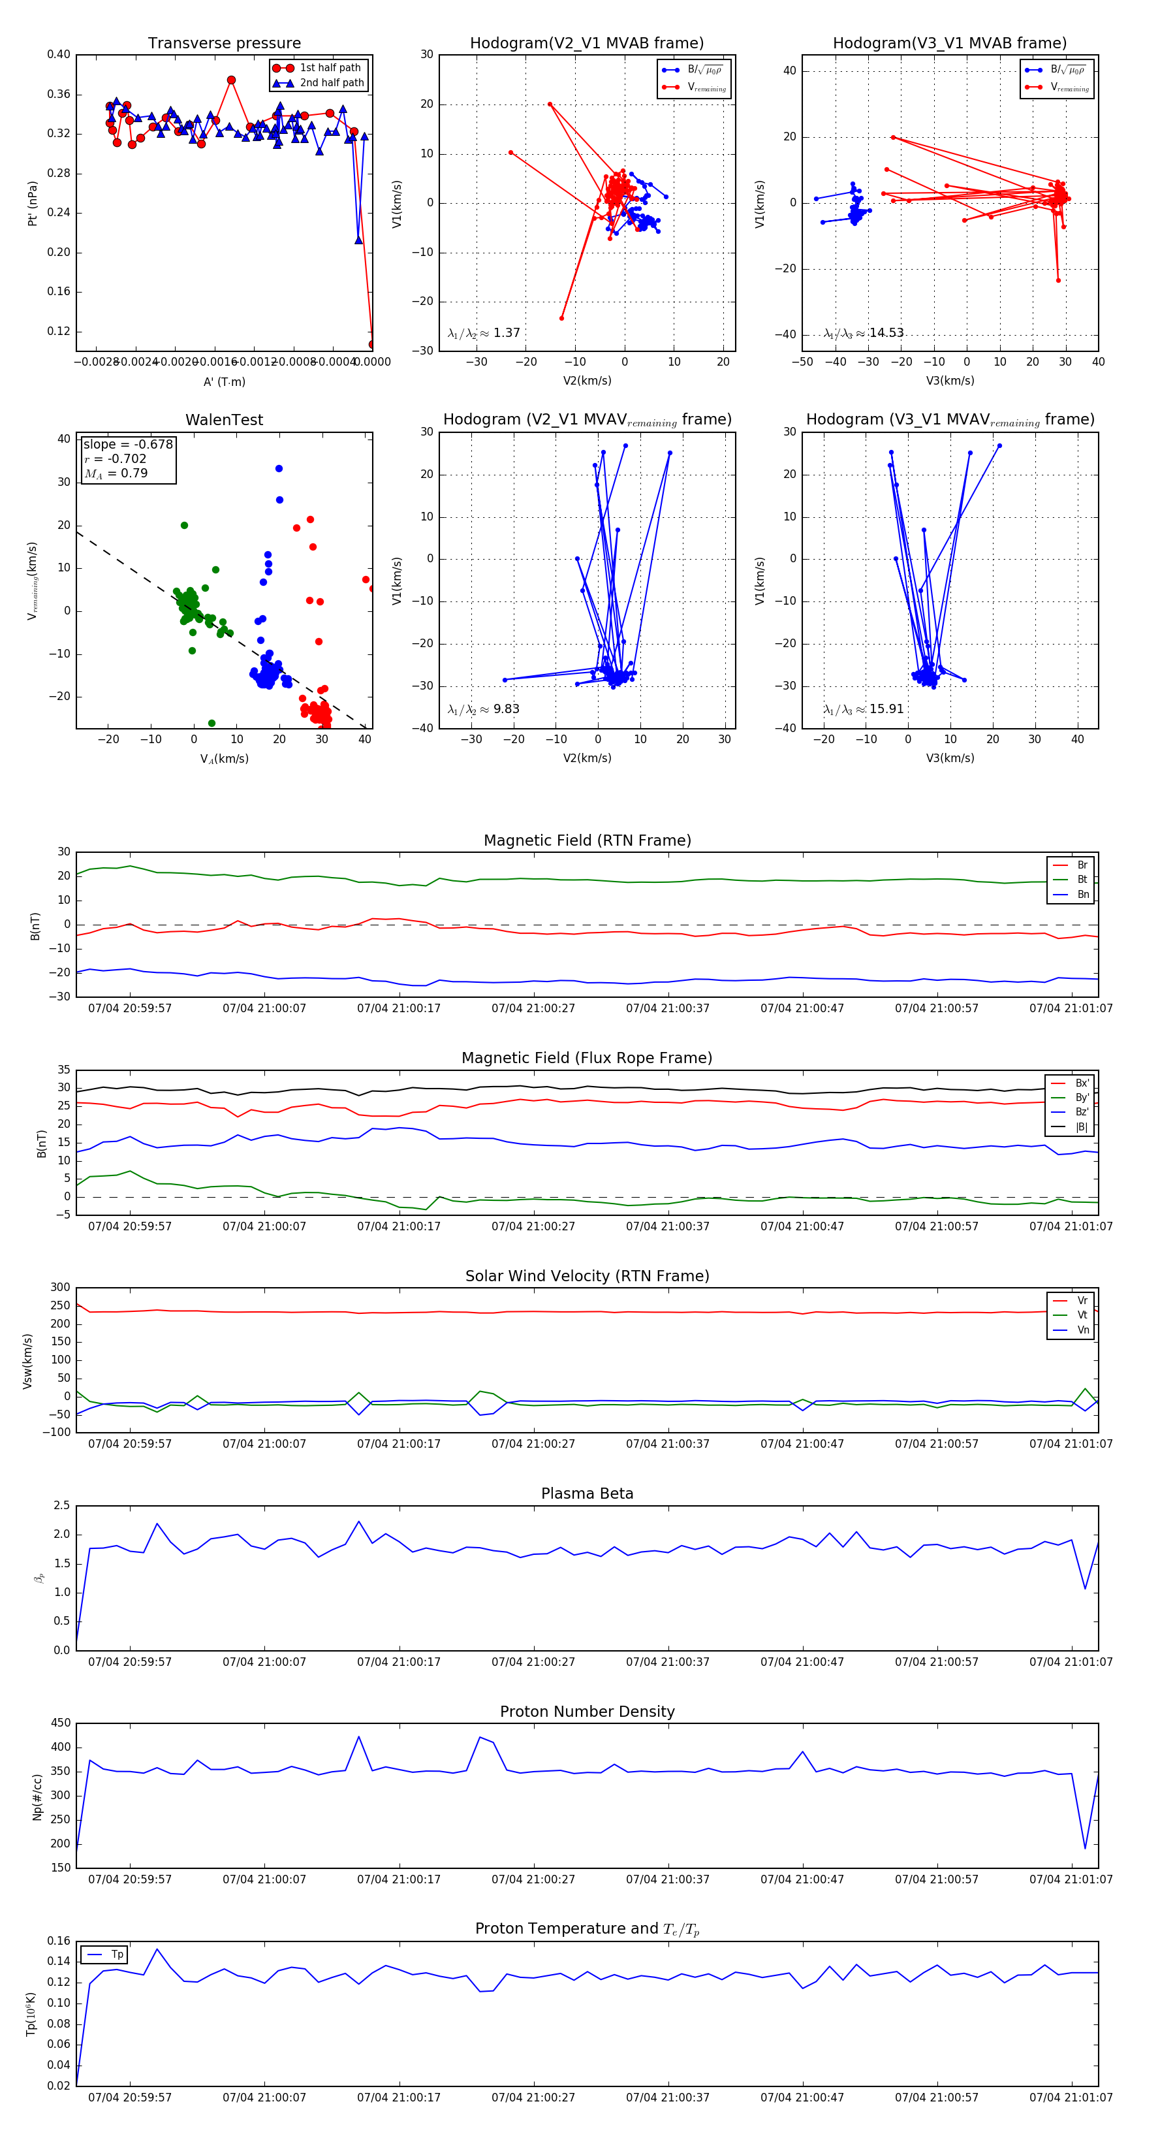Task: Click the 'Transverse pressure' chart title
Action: tap(224, 44)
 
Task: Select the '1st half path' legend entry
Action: tap(330, 68)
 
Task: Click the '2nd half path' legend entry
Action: tap(331, 83)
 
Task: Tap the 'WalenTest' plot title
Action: tap(224, 420)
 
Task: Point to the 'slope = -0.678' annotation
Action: tap(128, 444)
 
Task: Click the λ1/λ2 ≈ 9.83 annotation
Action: tap(483, 709)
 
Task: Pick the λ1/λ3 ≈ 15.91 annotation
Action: tap(863, 709)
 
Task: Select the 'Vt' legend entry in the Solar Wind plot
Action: tap(1082, 1315)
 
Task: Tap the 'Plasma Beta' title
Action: tap(587, 1493)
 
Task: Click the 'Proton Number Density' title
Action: tap(587, 1712)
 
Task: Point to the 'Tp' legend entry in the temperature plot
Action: tap(117, 1955)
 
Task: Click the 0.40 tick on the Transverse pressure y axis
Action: tap(59, 54)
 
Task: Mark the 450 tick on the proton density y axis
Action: tap(61, 1723)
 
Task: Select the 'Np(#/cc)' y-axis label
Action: tap(37, 1796)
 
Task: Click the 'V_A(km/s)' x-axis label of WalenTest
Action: tap(224, 759)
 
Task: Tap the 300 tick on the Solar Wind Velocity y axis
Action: tap(60, 1288)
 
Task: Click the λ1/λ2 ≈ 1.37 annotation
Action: tap(483, 333)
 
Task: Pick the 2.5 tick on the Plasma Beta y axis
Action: tap(62, 1506)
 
